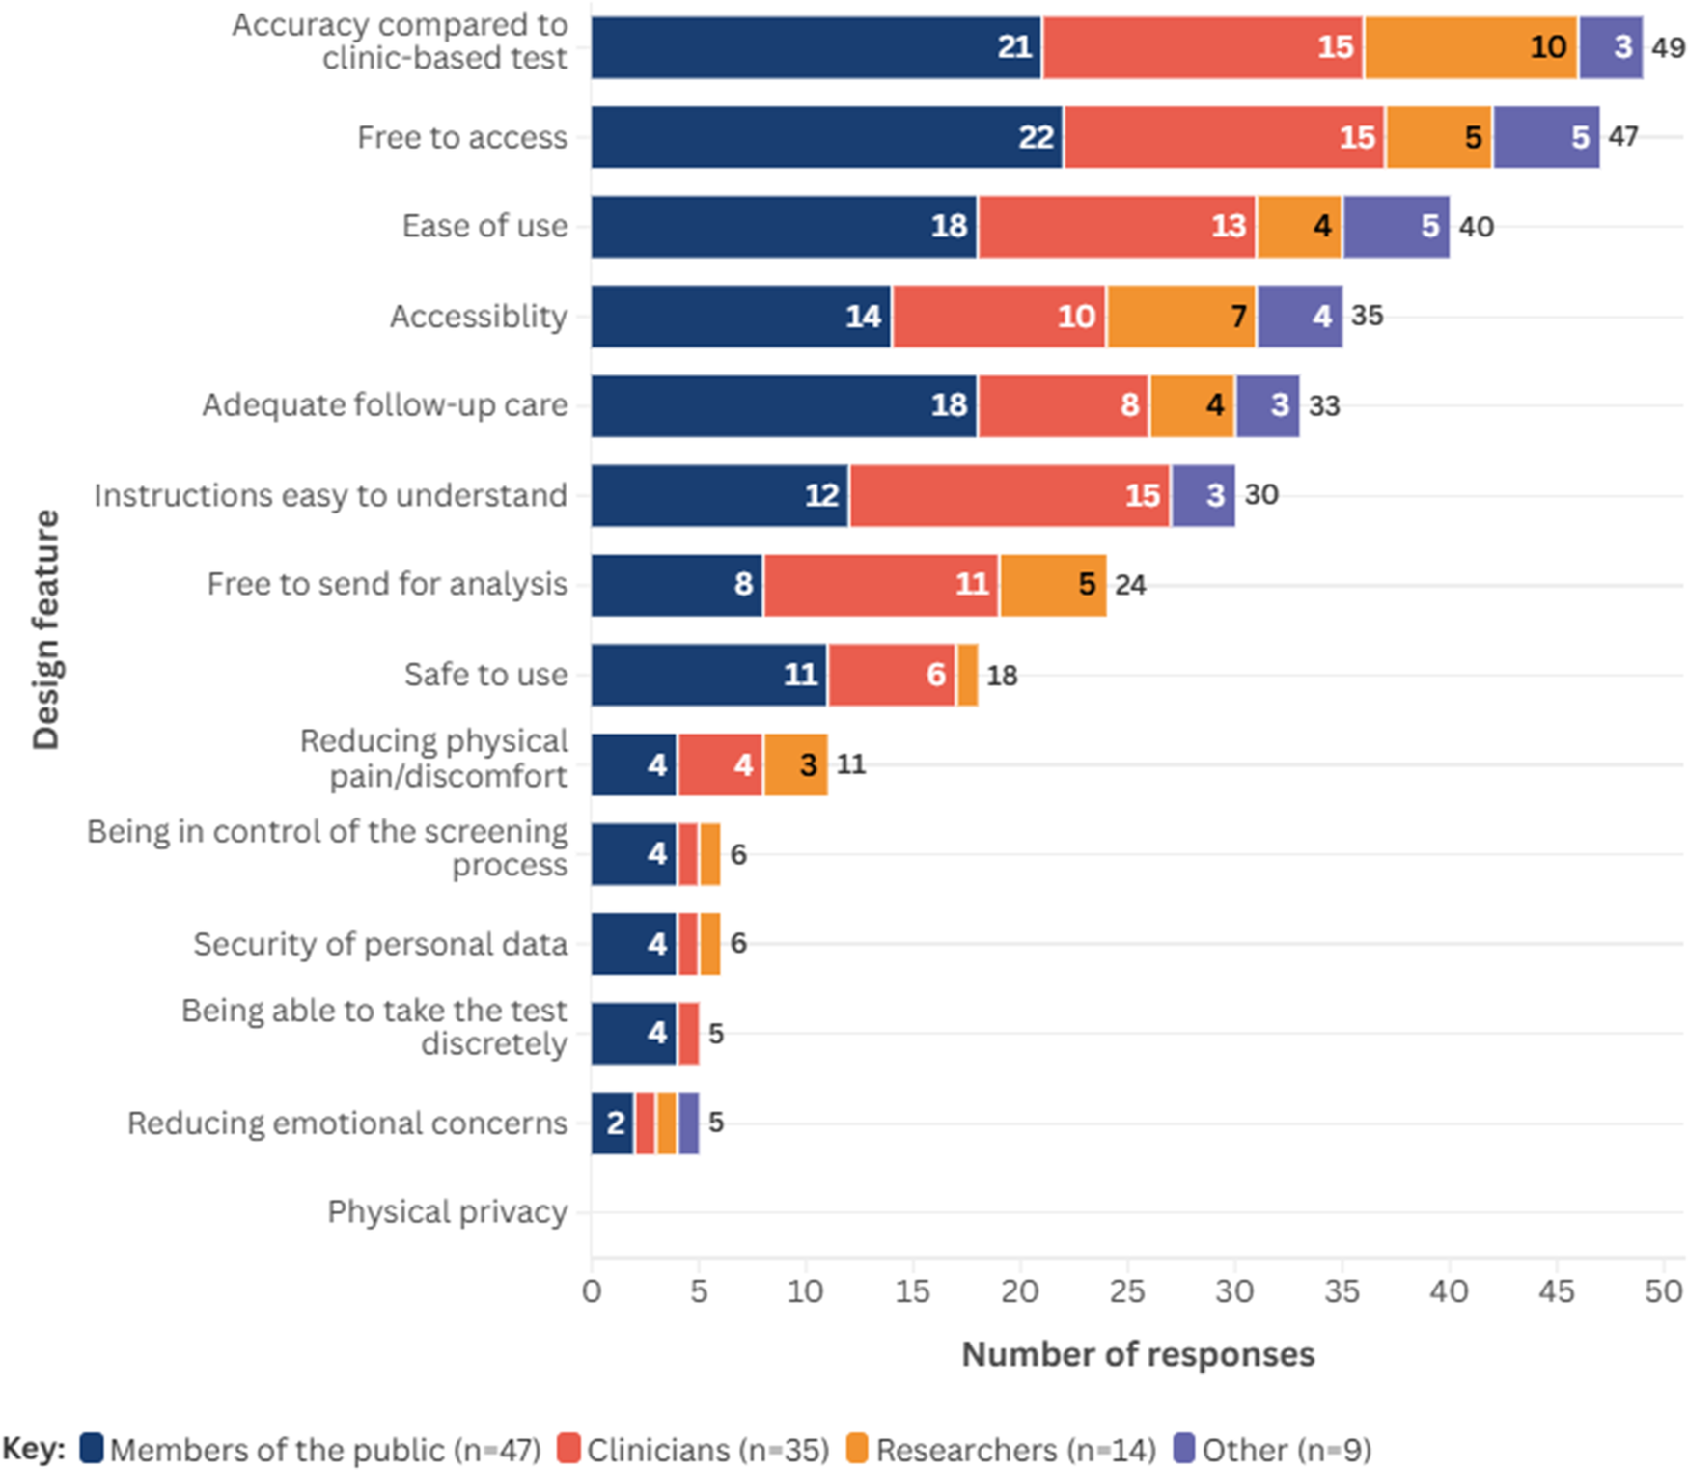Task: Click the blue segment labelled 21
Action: (x=816, y=47)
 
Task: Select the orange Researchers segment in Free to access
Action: (x=1439, y=137)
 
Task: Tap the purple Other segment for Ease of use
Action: (x=1397, y=227)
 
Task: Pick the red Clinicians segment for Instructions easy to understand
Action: (x=1010, y=496)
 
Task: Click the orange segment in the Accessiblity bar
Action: (x=1181, y=317)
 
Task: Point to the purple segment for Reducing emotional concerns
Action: (x=688, y=1123)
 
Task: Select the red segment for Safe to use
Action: (x=892, y=675)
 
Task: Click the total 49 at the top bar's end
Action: (x=1668, y=47)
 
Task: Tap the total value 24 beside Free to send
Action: (x=1130, y=585)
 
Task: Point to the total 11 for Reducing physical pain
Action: (x=850, y=764)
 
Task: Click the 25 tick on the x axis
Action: (x=1127, y=1291)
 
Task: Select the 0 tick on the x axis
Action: (x=592, y=1291)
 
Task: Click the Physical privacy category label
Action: (x=447, y=1212)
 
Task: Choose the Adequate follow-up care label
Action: (x=384, y=405)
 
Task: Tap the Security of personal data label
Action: (x=380, y=944)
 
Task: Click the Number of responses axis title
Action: (x=1138, y=1354)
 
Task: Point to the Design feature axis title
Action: (x=45, y=630)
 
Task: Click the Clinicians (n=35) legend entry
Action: (x=694, y=1450)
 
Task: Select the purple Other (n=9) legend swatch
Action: (x=1184, y=1449)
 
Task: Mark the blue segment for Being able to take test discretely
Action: (x=634, y=1034)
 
